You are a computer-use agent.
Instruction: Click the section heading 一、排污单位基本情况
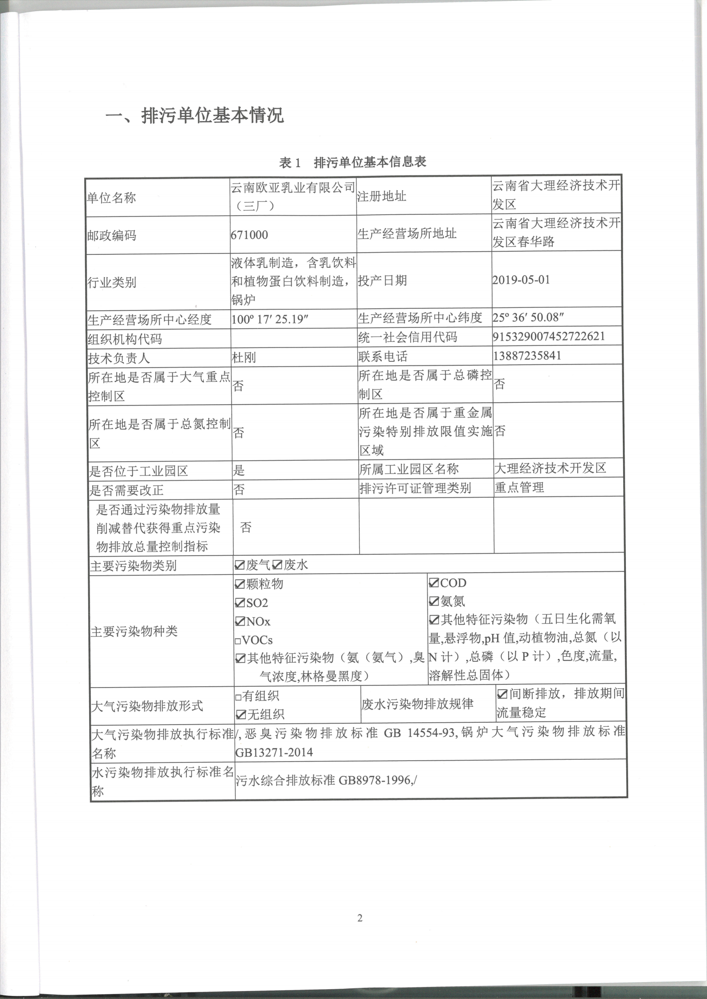(194, 116)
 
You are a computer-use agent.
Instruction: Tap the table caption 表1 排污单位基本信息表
(352, 162)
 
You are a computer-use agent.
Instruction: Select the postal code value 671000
(250, 235)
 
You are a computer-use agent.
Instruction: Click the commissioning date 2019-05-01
(521, 280)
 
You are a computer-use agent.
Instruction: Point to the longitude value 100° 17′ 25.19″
(270, 319)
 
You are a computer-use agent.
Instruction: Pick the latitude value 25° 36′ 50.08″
(528, 317)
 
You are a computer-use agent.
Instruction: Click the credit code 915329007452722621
(549, 336)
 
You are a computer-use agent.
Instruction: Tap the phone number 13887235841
(527, 356)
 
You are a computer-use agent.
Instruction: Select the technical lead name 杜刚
(244, 357)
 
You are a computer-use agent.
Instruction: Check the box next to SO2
(240, 603)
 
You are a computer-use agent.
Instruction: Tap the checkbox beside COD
(434, 583)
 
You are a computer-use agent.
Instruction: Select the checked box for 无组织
(240, 715)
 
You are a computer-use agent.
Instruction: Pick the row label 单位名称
(111, 197)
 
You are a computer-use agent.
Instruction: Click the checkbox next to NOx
(240, 621)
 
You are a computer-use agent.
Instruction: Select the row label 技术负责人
(119, 358)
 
